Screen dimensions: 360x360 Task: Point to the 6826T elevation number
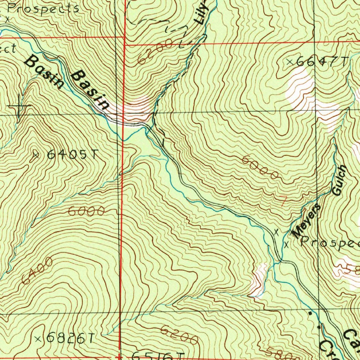tap(70, 338)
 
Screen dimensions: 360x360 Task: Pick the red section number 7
tap(283, 201)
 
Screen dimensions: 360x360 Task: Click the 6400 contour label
tap(37, 271)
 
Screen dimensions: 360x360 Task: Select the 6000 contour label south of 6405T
tap(86, 211)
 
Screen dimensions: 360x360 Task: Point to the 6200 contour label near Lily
tap(155, 51)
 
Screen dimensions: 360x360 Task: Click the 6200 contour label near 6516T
tap(179, 335)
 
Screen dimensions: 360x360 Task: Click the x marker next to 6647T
tap(290, 62)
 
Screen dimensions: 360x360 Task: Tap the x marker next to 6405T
tap(36, 154)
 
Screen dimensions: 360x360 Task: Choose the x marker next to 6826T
tap(39, 339)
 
